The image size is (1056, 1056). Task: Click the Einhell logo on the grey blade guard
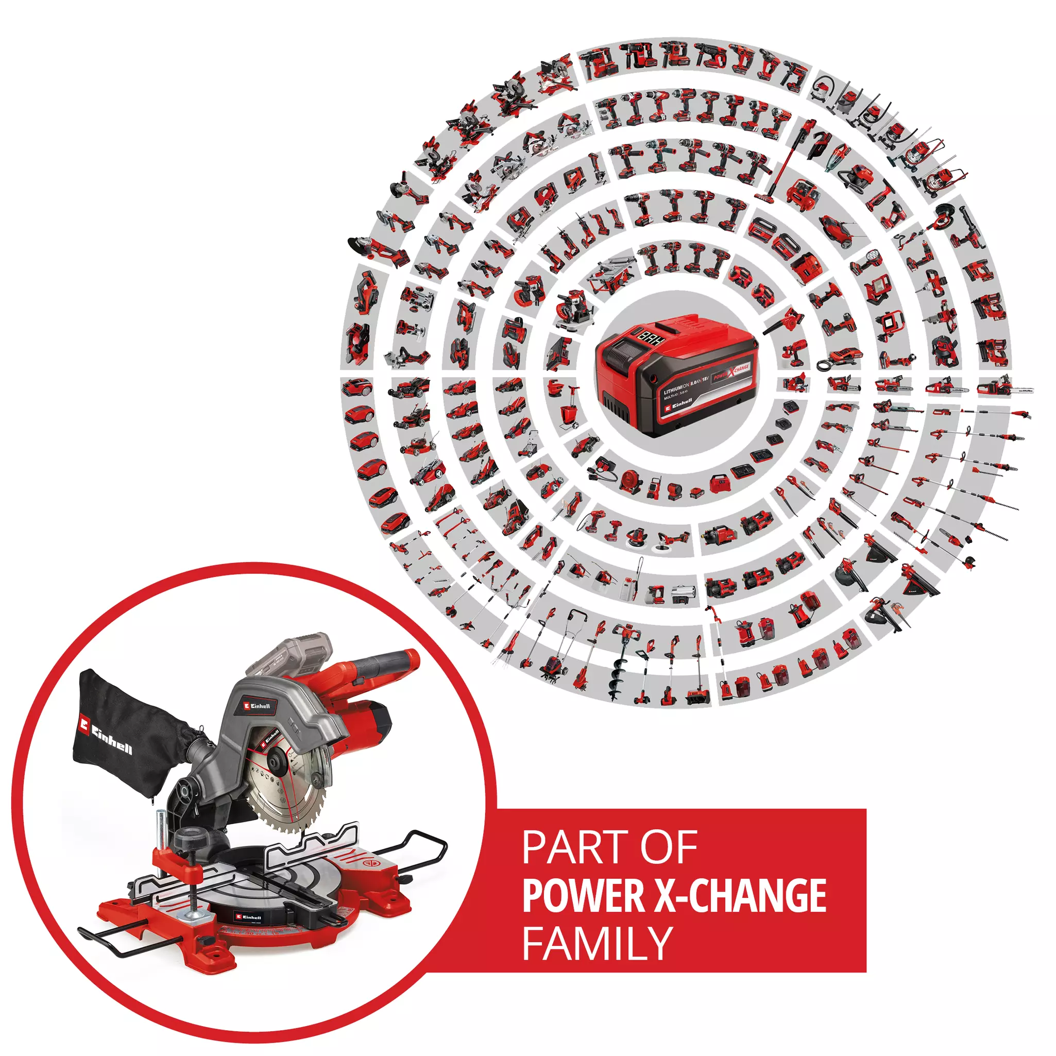[257, 706]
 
